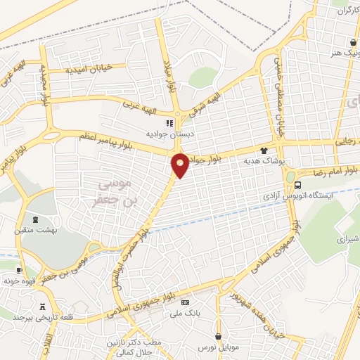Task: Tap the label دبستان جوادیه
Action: pyautogui.click(x=165, y=133)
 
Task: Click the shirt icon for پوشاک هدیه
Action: pyautogui.click(x=264, y=150)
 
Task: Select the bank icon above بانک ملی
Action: pyautogui.click(x=185, y=302)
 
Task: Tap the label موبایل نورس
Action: pyautogui.click(x=217, y=348)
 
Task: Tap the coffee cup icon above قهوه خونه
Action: pyautogui.click(x=19, y=270)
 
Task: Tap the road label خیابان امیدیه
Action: pyautogui.click(x=89, y=70)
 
